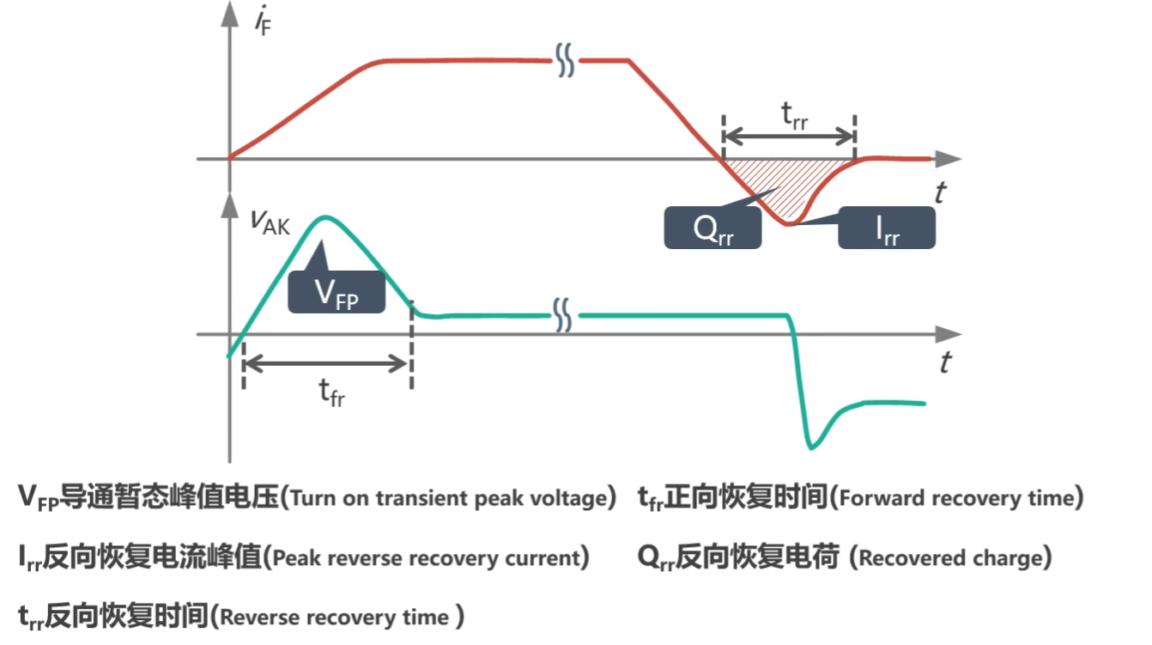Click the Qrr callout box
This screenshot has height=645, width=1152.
tap(712, 228)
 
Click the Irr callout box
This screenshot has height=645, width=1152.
tap(887, 228)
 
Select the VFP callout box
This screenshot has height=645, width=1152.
tap(337, 292)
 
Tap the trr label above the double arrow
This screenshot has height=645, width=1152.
tap(794, 116)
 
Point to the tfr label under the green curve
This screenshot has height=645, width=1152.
tap(331, 393)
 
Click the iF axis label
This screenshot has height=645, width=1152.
tap(263, 21)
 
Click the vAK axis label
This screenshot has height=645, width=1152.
tap(270, 222)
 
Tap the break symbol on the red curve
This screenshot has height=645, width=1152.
tap(565, 60)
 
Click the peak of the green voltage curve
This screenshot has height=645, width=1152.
tap(325, 218)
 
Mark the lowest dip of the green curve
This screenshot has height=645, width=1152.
tap(811, 447)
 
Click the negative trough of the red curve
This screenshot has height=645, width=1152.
tap(788, 223)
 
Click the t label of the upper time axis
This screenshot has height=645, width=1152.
tap(940, 193)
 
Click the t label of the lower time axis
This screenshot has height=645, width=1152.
tap(945, 362)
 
